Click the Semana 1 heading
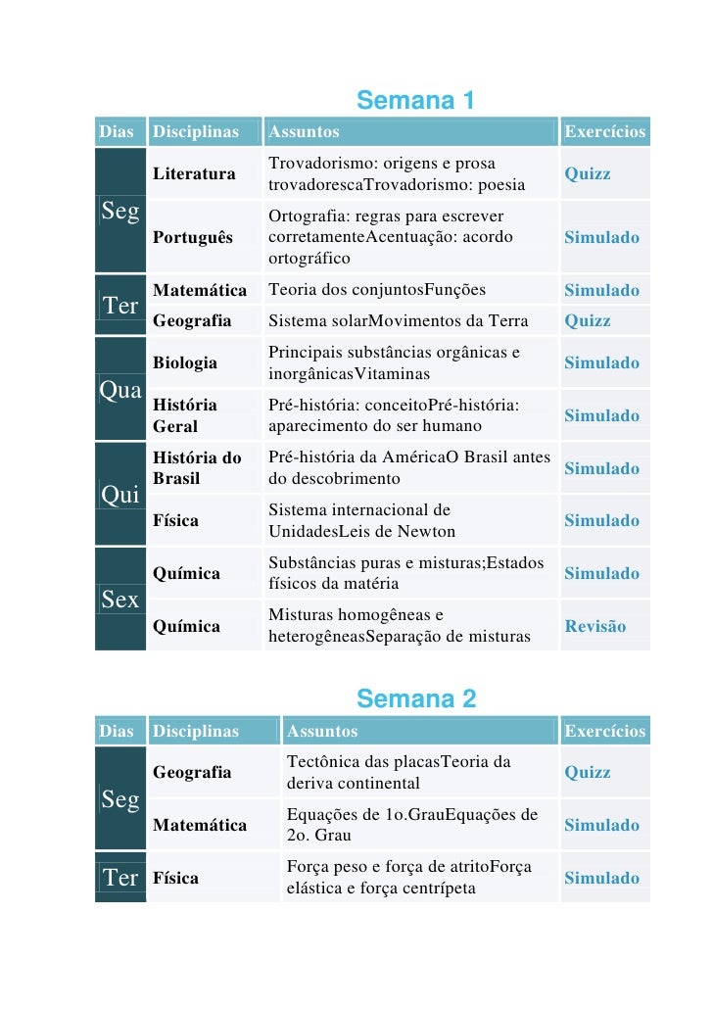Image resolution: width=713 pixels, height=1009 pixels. (416, 101)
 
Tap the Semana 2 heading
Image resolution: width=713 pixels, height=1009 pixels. (416, 699)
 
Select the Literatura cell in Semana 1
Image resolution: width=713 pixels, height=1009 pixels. (194, 173)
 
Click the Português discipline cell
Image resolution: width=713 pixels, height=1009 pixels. (193, 237)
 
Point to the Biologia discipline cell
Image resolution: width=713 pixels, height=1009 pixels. (185, 362)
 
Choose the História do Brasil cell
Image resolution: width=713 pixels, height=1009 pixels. (197, 468)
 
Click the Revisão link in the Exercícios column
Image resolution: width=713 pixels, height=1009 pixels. (594, 626)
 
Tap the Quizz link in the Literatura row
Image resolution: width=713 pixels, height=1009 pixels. (588, 173)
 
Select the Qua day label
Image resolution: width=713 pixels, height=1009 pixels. (120, 390)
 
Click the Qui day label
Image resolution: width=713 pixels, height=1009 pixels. (120, 496)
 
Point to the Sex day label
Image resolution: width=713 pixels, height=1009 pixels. (120, 601)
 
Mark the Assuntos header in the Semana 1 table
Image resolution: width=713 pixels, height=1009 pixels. (305, 132)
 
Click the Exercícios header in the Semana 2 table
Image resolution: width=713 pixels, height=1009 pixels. (604, 731)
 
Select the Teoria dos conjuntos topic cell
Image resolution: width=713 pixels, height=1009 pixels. (377, 290)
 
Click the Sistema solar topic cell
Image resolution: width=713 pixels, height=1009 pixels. (398, 320)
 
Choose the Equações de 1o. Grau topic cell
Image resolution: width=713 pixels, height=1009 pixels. (411, 825)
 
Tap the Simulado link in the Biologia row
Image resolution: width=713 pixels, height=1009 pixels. (601, 362)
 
